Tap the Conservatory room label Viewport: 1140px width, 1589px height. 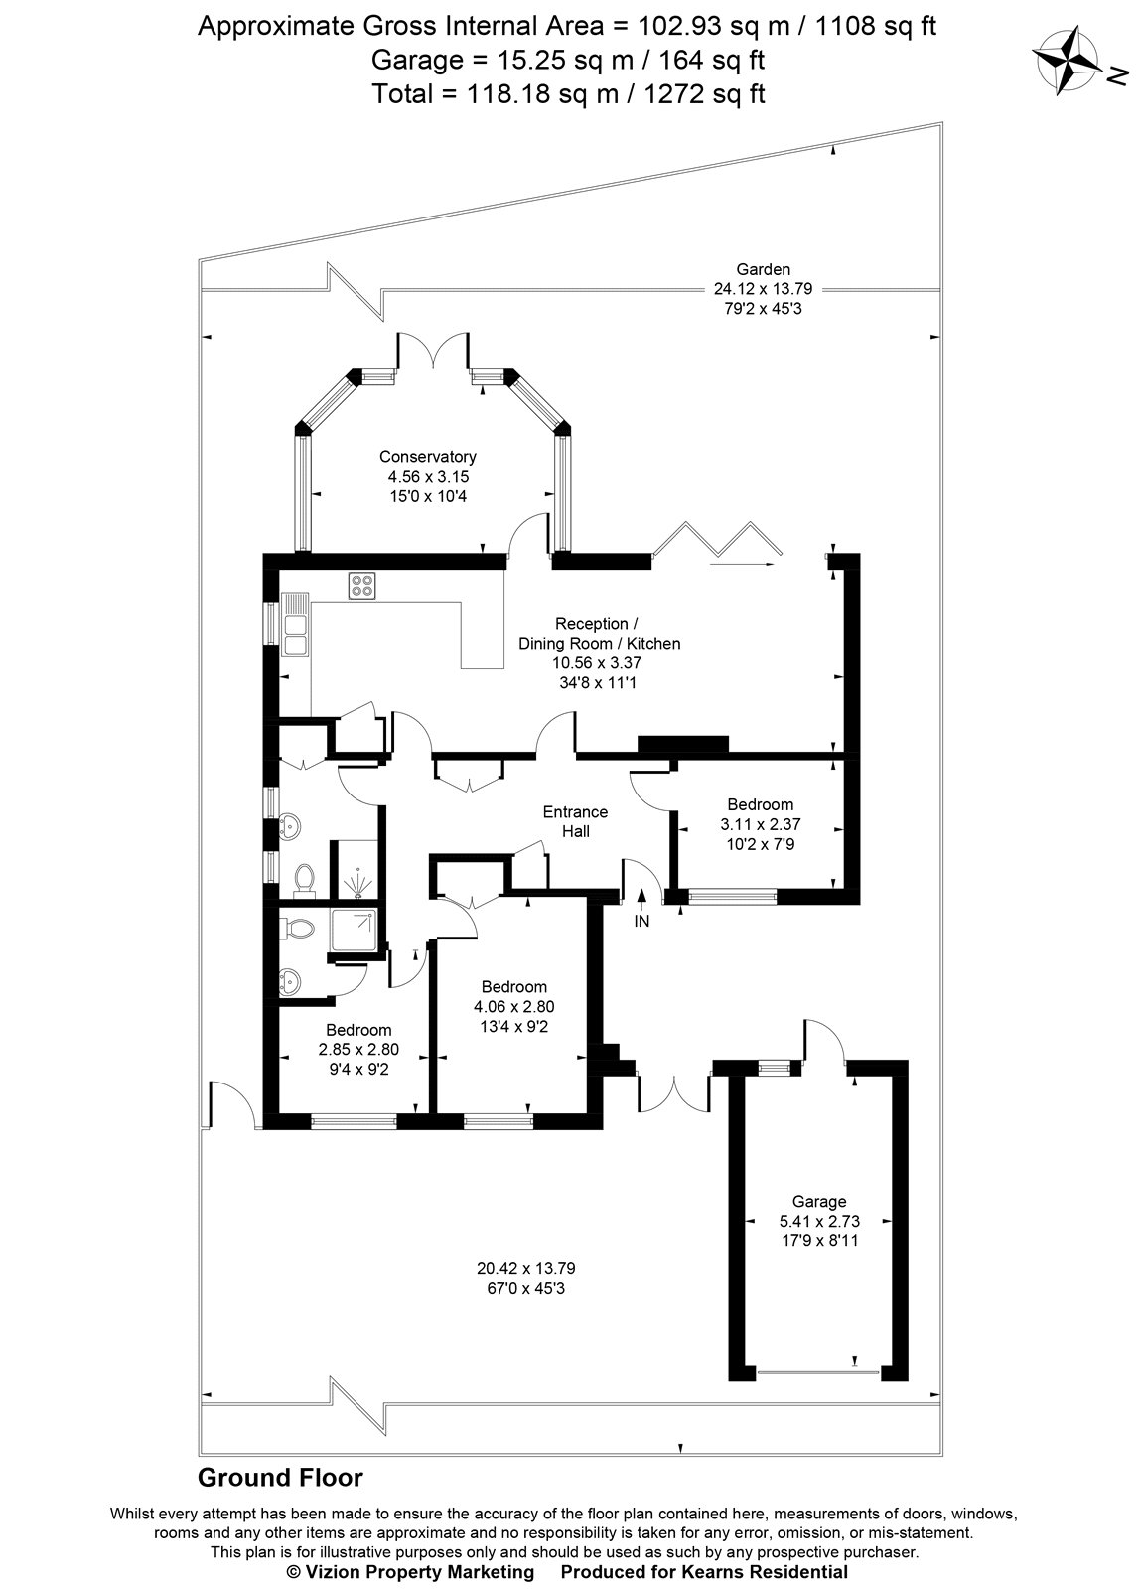coord(427,457)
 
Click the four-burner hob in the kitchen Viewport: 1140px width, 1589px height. coord(361,586)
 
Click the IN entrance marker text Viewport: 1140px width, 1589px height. coord(641,921)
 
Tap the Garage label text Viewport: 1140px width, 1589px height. coord(819,1201)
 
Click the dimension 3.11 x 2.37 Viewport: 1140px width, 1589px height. coord(760,824)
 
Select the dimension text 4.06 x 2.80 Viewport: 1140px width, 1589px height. coord(513,1006)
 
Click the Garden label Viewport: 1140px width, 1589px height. coord(763,269)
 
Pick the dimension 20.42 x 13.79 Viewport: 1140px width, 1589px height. coord(526,1268)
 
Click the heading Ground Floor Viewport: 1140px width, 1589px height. coord(281,1478)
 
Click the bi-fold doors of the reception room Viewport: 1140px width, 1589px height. coord(719,541)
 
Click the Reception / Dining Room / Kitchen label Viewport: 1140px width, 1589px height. coord(599,634)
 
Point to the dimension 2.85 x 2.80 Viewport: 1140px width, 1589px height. coord(358,1049)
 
